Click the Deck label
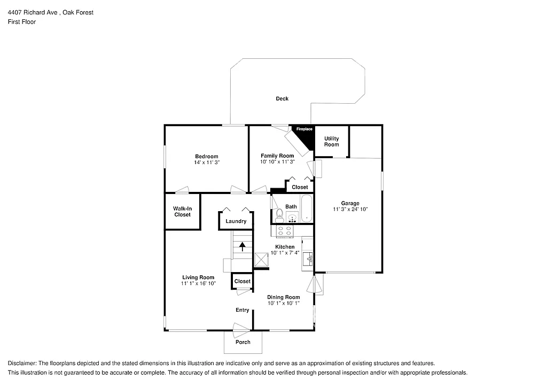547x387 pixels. click(x=282, y=98)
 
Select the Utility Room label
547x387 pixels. click(x=331, y=142)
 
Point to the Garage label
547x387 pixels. click(x=350, y=203)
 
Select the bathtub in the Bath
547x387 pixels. click(x=306, y=209)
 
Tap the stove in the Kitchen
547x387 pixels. click(x=285, y=231)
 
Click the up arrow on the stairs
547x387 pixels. click(x=243, y=246)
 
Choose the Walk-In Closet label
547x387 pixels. click(x=182, y=212)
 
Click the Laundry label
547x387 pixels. click(x=236, y=221)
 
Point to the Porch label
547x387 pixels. click(x=243, y=342)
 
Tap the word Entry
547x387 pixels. click(x=243, y=310)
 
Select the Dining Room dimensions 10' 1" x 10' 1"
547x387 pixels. click(x=284, y=303)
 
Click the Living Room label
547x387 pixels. click(x=198, y=277)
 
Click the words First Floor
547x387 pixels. click(x=22, y=22)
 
